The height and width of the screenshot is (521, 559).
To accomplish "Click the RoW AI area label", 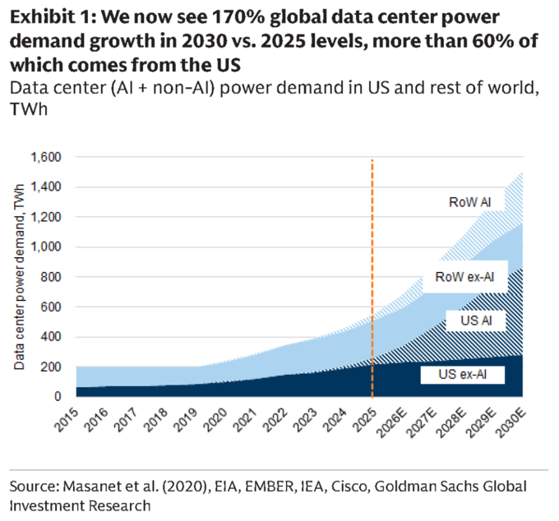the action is (x=469, y=202).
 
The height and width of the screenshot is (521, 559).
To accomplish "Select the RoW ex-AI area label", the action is (x=464, y=277).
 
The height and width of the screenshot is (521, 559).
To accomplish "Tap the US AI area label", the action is (x=476, y=320).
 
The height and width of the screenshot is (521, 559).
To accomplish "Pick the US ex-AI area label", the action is (x=462, y=375).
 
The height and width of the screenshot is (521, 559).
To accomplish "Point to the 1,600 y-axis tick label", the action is (x=46, y=157).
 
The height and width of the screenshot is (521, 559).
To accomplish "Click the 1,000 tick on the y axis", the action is (x=46, y=247).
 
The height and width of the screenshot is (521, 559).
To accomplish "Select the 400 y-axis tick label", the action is (x=51, y=336).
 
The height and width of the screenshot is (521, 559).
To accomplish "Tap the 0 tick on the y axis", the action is (x=58, y=396).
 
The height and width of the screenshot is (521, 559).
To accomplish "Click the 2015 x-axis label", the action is (x=67, y=419).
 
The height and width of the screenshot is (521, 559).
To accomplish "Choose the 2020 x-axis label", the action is (x=215, y=419).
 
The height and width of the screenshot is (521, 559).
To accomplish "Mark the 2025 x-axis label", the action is (x=364, y=419).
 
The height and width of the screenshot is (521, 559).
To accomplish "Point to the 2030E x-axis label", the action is (x=510, y=422).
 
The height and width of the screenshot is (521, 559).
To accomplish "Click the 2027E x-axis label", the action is (x=422, y=422).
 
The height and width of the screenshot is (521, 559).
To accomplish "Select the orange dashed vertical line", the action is (x=372, y=279).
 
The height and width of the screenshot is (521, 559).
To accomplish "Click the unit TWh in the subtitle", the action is (x=29, y=109).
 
